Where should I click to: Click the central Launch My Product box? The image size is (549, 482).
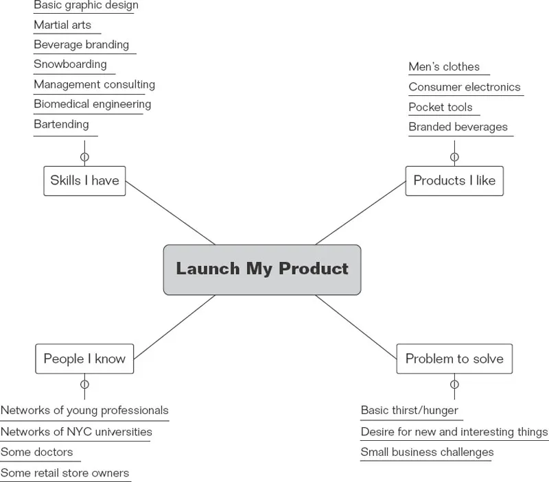(x=262, y=269)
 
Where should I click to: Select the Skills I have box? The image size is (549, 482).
(x=84, y=180)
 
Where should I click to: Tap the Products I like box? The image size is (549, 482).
(x=454, y=180)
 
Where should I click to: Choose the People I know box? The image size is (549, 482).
(x=84, y=359)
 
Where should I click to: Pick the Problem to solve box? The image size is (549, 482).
(x=454, y=359)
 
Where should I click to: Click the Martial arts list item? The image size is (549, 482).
(x=62, y=25)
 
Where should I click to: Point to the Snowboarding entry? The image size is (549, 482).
(x=70, y=64)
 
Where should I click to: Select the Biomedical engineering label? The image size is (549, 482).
(x=92, y=104)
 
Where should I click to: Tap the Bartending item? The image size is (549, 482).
(x=61, y=124)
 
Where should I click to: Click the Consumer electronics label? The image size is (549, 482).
(x=464, y=87)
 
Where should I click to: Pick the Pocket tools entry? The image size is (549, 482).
(x=440, y=107)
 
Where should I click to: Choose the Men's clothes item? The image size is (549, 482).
(x=444, y=67)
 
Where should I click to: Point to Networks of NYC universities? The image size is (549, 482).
(x=76, y=432)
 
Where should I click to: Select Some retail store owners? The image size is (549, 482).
(x=65, y=472)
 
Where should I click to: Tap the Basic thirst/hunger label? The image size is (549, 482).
(x=409, y=411)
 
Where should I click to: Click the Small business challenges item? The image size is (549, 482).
(x=427, y=452)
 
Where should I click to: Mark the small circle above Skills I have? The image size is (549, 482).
(x=84, y=157)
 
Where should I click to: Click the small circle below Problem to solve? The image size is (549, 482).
(x=454, y=384)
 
